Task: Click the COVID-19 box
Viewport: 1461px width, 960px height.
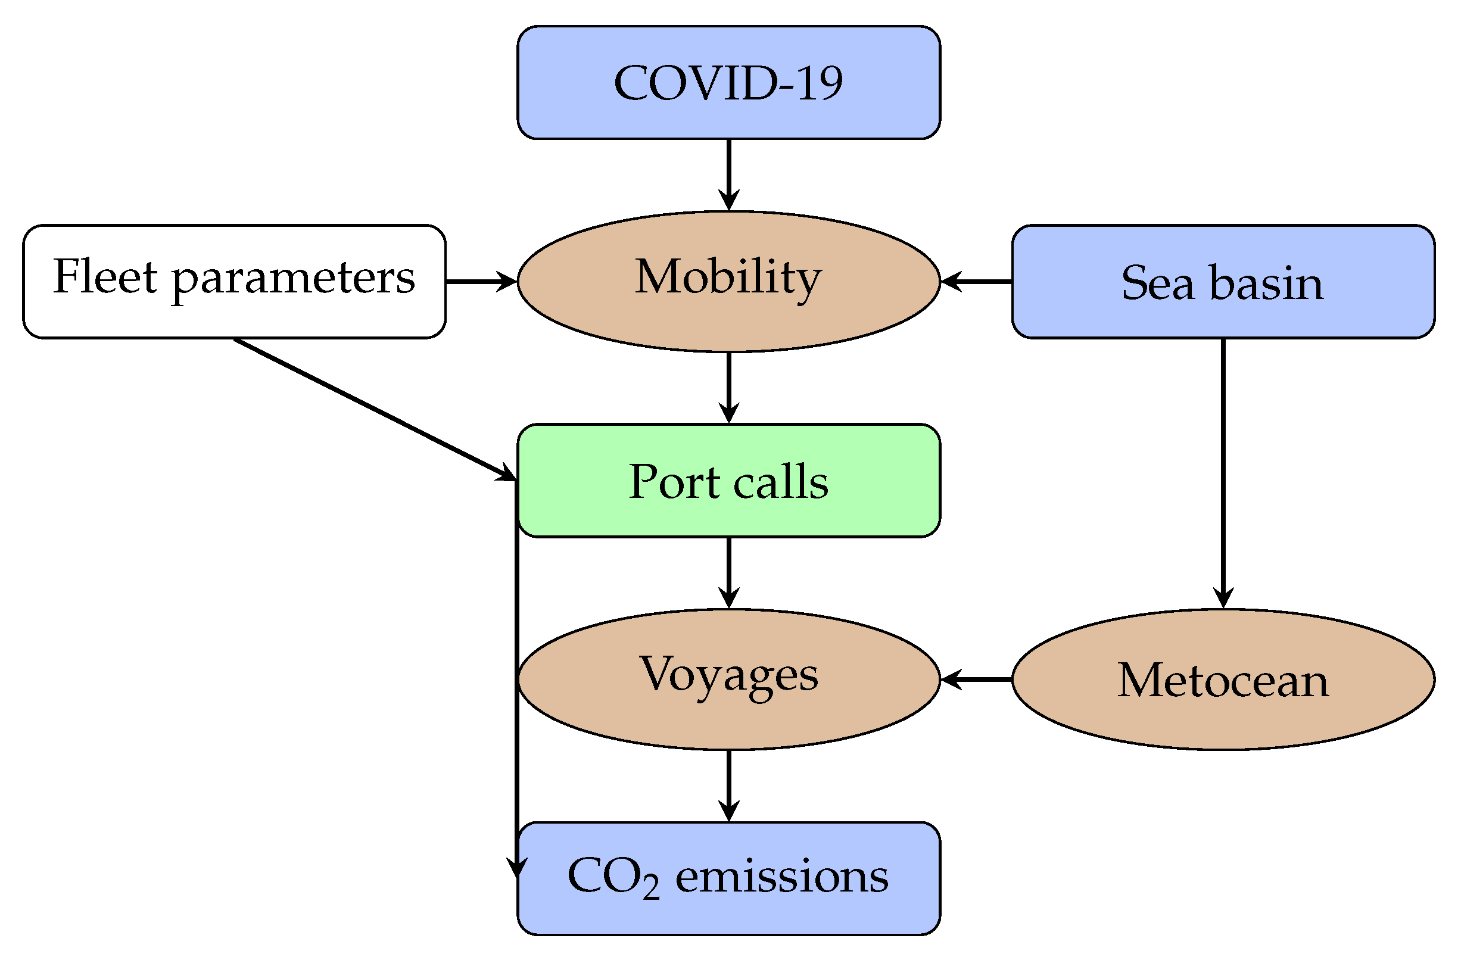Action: click(728, 82)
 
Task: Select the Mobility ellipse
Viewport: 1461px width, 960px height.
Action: click(728, 282)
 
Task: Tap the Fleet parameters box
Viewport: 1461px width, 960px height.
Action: click(234, 282)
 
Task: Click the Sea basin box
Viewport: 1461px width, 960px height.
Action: click(1223, 282)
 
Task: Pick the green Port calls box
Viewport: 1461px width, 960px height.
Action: click(728, 481)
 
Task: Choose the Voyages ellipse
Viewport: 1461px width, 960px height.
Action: click(728, 680)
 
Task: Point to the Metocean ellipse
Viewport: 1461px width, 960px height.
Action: click(1223, 680)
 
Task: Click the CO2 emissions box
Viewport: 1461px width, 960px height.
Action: click(728, 878)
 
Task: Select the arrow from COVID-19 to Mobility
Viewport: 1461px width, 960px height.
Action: click(728, 175)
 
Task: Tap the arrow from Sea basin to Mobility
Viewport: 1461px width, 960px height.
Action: click(976, 282)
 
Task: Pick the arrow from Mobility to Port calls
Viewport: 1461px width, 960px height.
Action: click(728, 387)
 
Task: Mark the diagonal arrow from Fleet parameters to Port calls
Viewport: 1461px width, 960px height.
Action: click(375, 409)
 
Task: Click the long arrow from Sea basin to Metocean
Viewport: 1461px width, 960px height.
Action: click(1223, 473)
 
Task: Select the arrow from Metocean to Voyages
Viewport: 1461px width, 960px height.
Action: click(976, 680)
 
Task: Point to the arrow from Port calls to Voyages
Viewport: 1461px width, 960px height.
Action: click(728, 572)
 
